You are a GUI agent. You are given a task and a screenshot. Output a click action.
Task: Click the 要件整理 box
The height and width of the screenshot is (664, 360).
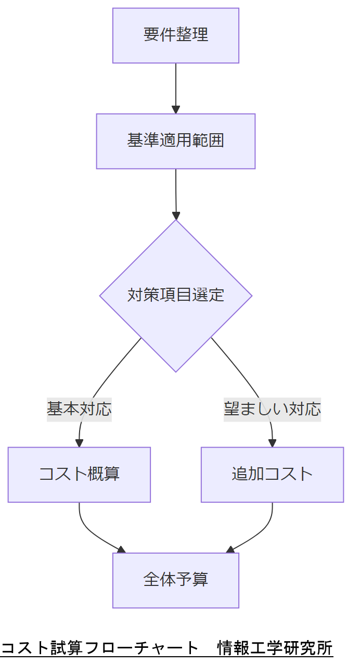click(x=176, y=35)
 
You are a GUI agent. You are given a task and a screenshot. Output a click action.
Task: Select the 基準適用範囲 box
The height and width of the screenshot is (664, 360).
click(x=176, y=141)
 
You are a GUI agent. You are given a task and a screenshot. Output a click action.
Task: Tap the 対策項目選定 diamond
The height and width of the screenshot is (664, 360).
click(x=176, y=296)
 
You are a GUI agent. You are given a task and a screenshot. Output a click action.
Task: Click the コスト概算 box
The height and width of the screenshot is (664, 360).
click(x=79, y=475)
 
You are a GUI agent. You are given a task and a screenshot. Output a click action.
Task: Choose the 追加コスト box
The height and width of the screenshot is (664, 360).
click(x=272, y=475)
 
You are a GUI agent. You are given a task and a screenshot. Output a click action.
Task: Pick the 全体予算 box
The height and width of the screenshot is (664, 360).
click(x=176, y=580)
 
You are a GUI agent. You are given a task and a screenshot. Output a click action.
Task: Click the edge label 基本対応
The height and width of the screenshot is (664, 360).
click(x=79, y=409)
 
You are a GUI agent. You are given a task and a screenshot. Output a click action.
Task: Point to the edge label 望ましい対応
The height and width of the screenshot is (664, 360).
click(x=272, y=409)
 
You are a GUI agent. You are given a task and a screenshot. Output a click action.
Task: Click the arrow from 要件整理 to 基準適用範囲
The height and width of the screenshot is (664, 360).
click(x=176, y=86)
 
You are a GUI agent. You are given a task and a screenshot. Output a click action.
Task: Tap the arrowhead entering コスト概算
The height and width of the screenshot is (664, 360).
click(x=79, y=443)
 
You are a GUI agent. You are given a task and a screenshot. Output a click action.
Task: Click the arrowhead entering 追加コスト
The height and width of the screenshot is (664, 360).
click(x=272, y=443)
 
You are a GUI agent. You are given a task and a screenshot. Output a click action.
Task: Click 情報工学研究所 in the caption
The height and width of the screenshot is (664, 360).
click(x=275, y=648)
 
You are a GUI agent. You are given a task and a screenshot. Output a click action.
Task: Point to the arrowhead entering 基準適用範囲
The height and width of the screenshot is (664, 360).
click(x=176, y=110)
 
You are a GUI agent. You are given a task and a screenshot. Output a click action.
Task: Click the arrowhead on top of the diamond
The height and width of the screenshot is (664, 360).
click(x=176, y=215)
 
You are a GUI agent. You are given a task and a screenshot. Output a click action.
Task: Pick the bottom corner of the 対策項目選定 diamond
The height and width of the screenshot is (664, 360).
click(x=176, y=371)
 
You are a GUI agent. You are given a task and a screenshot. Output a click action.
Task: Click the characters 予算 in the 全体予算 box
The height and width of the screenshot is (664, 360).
click(x=192, y=580)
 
